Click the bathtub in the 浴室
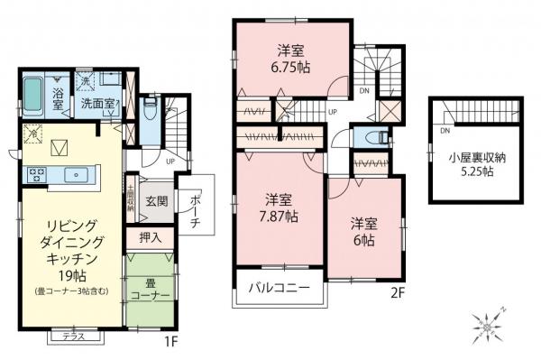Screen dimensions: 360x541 point(33,92)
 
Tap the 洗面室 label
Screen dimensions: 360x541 point(96,104)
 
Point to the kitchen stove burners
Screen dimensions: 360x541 point(39,173)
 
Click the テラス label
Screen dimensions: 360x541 point(75,337)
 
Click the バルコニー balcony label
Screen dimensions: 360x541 point(280,291)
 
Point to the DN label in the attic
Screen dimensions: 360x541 point(445,131)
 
